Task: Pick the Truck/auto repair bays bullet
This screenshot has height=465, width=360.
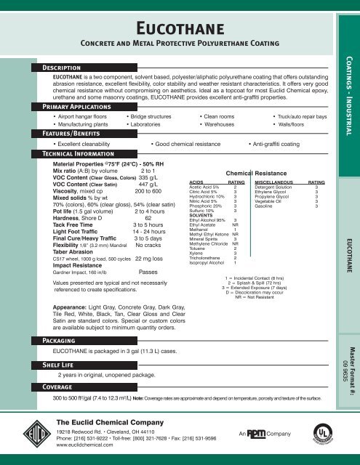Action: click(299, 115)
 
